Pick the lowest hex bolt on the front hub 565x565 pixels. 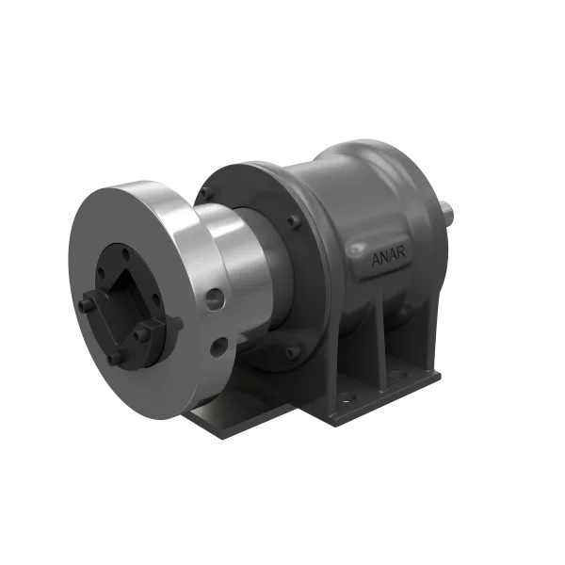115,359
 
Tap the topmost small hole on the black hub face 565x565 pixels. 120,250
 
